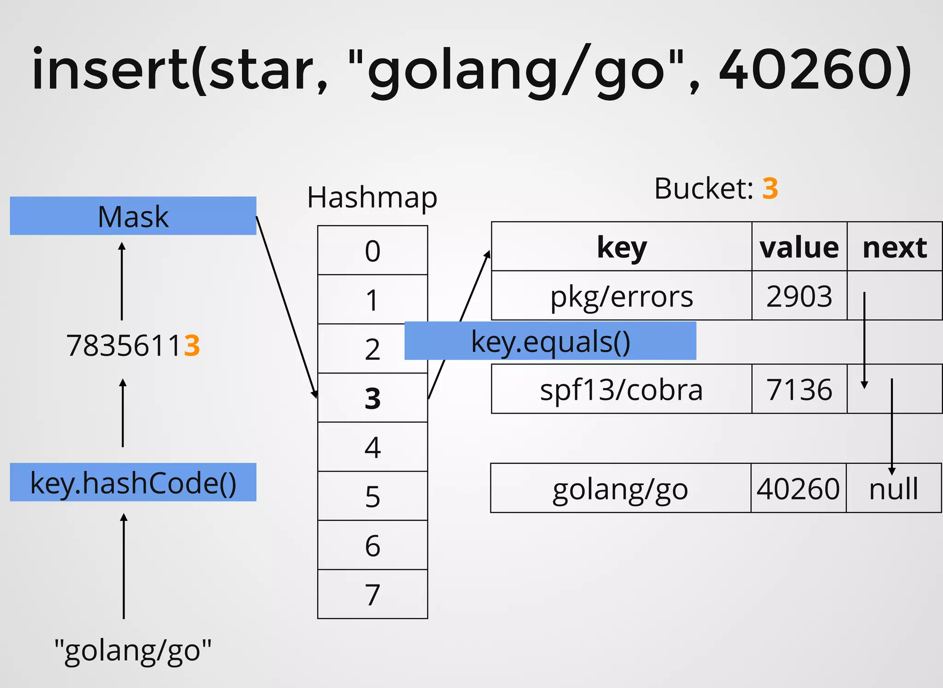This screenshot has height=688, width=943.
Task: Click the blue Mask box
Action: pyautogui.click(x=133, y=216)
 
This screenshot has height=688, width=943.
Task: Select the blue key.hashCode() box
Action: pyautogui.click(x=133, y=482)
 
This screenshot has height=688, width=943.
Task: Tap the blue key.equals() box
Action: pyautogui.click(x=550, y=341)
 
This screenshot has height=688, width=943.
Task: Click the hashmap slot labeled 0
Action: pyautogui.click(x=373, y=251)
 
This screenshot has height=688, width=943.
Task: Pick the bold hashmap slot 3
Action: pyautogui.click(x=373, y=398)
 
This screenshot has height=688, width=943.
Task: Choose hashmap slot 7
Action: pyautogui.click(x=373, y=594)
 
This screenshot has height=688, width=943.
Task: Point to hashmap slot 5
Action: pyautogui.click(x=373, y=496)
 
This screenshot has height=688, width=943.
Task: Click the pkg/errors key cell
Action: pyautogui.click(x=622, y=296)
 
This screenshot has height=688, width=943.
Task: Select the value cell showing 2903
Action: pyautogui.click(x=799, y=296)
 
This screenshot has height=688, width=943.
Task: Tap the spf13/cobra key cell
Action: pyautogui.click(x=622, y=389)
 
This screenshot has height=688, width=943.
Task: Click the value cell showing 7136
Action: pyautogui.click(x=799, y=389)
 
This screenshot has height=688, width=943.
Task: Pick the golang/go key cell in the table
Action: pyautogui.click(x=621, y=488)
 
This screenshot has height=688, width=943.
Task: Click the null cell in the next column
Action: pyautogui.click(x=894, y=488)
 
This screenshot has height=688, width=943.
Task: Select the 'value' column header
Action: pyautogui.click(x=799, y=247)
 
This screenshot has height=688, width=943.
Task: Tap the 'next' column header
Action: pyautogui.click(x=895, y=247)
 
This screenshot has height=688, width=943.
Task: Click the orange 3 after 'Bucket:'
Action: pyautogui.click(x=770, y=188)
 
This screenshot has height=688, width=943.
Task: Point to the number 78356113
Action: pyautogui.click(x=133, y=345)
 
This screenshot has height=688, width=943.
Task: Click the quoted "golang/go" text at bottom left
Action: pyautogui.click(x=133, y=650)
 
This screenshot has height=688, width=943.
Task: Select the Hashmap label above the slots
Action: pyautogui.click(x=372, y=198)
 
